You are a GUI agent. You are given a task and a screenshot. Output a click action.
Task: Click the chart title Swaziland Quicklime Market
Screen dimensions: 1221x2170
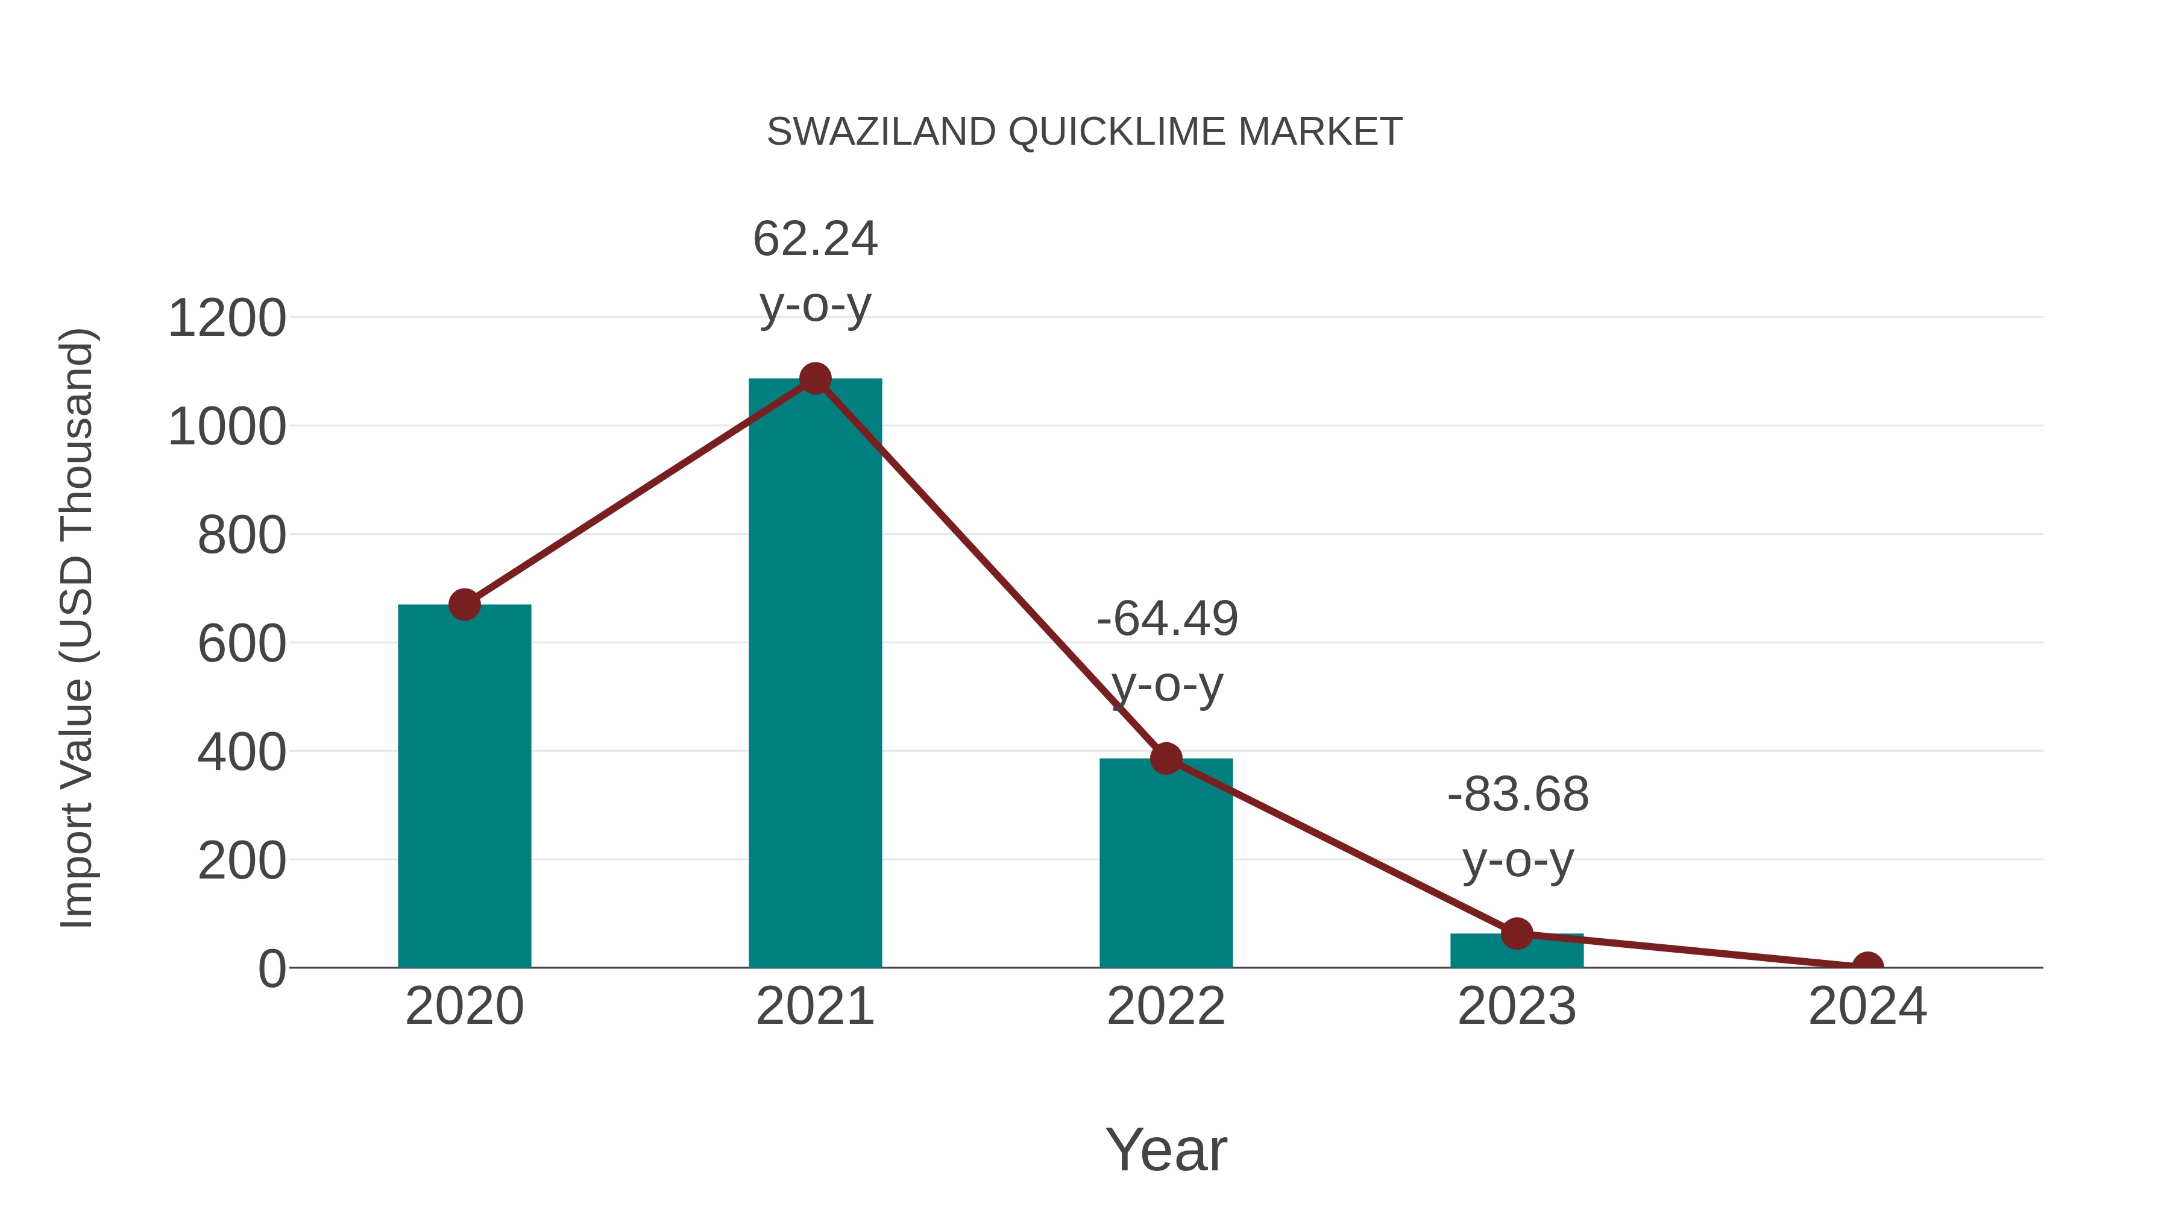coord(1084,132)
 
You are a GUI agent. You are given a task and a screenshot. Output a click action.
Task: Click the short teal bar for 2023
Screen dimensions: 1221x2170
coord(1517,952)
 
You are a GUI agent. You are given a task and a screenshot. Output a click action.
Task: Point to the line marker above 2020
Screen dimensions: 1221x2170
coord(464,604)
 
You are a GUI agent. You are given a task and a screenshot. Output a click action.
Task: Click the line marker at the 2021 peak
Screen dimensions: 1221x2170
coord(814,379)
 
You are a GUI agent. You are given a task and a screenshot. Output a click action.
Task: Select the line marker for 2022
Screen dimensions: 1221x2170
coord(1166,759)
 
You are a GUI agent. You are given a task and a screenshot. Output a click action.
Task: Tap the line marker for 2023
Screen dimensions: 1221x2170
coord(1517,933)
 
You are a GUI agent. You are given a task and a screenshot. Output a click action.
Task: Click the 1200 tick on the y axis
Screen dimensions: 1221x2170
coord(227,320)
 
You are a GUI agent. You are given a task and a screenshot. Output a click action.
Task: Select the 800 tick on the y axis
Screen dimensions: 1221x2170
coord(241,536)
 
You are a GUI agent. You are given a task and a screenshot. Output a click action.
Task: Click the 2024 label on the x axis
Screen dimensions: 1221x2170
coord(1867,1007)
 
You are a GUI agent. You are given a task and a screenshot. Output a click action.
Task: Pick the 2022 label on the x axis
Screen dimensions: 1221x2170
coord(1166,1007)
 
